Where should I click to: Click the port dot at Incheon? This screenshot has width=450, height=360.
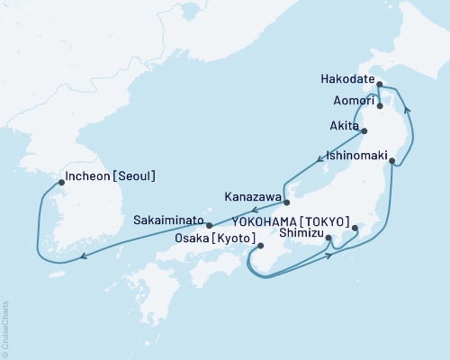pos(61,182)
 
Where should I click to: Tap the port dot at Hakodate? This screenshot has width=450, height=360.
pos(379,85)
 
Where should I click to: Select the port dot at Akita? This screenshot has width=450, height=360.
pos(363,131)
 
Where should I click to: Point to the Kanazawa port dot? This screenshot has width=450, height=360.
pos(287,190)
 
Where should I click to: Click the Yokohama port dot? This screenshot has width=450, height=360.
pos(355,228)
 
